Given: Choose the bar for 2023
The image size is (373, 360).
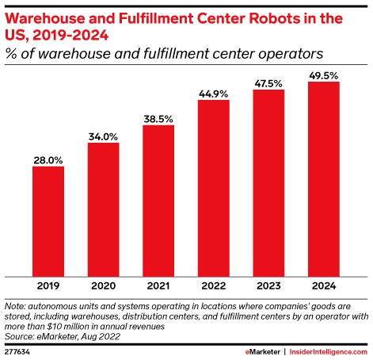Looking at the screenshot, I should point(268,183).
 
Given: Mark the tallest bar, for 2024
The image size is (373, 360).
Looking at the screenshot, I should point(324,179).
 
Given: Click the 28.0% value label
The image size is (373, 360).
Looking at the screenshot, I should point(48,159).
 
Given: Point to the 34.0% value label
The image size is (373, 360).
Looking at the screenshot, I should point(103,136).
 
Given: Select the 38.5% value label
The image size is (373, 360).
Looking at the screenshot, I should point(158,118).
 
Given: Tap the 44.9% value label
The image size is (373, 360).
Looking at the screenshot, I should point(214,93).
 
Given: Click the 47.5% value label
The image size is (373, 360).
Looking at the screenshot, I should point(268,82).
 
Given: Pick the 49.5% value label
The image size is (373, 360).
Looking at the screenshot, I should point(324,75).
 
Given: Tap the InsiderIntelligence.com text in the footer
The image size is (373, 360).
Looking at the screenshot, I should point(329,350).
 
